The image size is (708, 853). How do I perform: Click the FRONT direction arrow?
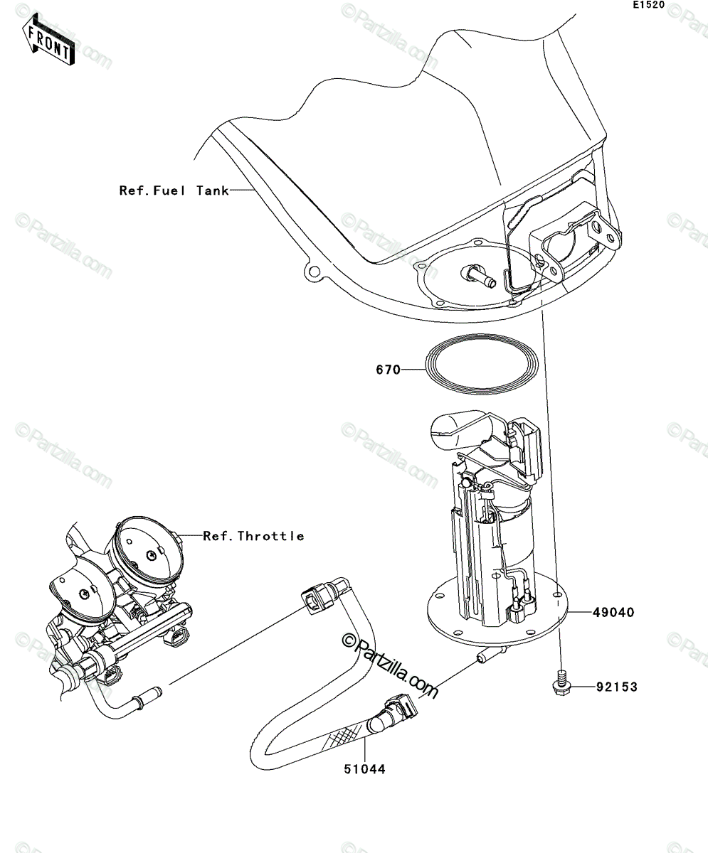48,40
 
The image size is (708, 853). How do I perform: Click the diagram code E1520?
649,5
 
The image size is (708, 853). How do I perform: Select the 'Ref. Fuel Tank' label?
174,191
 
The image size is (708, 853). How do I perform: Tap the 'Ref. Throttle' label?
253,536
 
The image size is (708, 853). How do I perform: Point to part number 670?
388,370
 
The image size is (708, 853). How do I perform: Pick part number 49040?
613,624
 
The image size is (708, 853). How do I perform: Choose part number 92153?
617,687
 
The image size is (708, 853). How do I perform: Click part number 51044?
364,769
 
